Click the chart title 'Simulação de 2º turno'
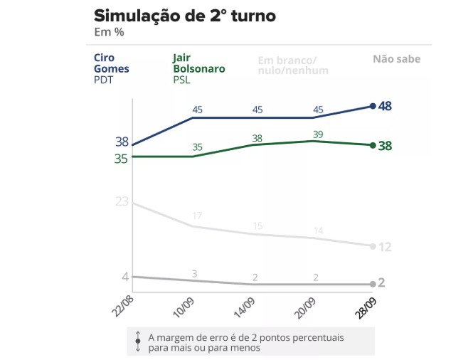point(185,15)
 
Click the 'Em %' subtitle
point(109,32)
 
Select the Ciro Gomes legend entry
point(109,69)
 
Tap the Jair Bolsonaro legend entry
point(199,69)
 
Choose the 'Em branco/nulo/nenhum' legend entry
point(293,65)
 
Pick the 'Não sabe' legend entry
point(396,59)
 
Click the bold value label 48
point(386,106)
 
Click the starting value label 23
point(122,201)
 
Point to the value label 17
point(197,216)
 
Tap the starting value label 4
point(125,277)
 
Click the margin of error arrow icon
point(137,342)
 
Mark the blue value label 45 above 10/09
point(197,110)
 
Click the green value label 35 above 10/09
point(197,147)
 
